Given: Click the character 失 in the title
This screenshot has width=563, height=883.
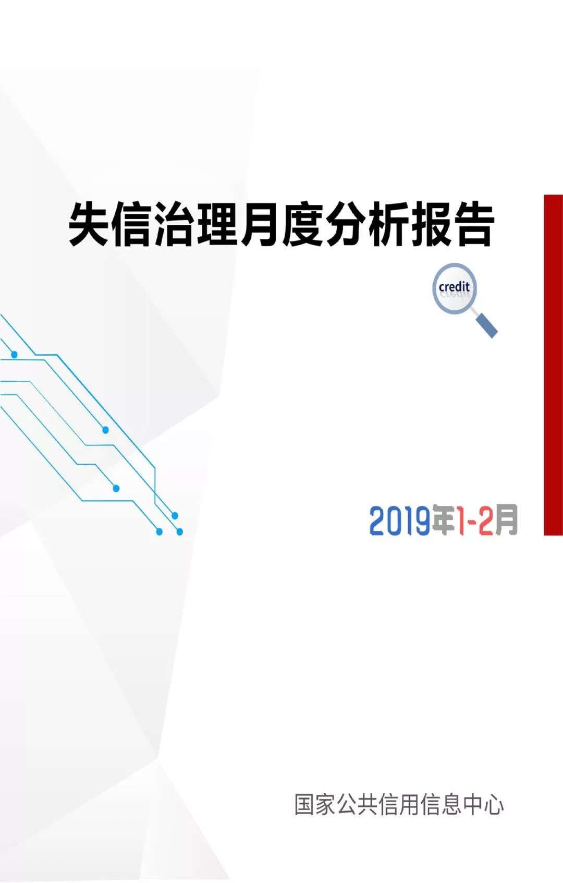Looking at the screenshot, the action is (90, 225).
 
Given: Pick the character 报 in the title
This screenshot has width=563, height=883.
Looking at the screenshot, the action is (430, 225).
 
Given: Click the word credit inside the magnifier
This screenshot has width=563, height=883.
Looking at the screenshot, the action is (454, 286).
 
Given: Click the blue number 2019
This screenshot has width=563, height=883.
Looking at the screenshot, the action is (399, 521).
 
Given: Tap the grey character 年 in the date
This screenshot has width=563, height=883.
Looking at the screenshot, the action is (445, 520).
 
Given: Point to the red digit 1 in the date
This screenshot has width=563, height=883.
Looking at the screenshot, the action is (462, 521).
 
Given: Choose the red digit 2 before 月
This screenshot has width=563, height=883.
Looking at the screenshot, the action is (486, 521).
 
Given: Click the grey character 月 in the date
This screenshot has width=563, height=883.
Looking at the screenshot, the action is (506, 520).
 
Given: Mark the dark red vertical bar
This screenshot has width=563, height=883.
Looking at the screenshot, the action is (554, 365).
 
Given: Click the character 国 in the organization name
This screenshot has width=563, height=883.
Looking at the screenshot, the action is (305, 804).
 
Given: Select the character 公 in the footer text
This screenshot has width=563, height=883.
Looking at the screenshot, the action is (347, 804).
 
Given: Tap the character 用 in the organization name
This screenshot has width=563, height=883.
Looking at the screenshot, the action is (410, 804).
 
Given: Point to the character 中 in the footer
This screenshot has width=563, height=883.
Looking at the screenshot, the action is (472, 804).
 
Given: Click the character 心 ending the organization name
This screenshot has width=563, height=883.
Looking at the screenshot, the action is (493, 804).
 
